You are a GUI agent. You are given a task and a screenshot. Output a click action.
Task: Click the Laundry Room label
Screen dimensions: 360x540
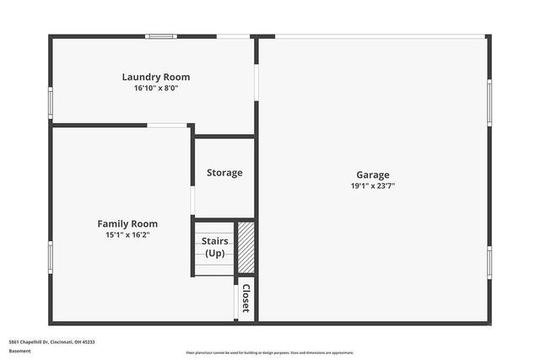(x=156, y=77)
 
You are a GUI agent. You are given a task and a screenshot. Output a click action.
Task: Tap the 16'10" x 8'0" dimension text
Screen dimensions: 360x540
(x=156, y=88)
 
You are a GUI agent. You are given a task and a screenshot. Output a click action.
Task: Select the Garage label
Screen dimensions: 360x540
(x=372, y=175)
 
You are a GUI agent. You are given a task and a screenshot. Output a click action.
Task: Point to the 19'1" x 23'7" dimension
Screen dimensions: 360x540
(x=372, y=185)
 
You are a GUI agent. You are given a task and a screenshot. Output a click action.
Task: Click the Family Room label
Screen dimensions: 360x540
(x=127, y=223)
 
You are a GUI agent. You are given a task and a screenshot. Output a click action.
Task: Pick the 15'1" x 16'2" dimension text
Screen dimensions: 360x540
(x=127, y=234)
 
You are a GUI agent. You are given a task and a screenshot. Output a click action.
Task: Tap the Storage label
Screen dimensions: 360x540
(x=224, y=173)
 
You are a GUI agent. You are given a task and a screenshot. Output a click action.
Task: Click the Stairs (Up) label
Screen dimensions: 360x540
(x=214, y=247)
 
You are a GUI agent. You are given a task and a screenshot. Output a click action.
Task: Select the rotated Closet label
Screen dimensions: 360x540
(x=246, y=298)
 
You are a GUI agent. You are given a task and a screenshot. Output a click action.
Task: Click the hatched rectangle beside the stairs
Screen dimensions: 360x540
(x=246, y=247)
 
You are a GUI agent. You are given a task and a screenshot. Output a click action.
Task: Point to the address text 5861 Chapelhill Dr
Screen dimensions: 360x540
(x=51, y=341)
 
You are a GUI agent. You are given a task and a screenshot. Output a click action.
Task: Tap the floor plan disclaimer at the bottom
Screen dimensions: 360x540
(x=270, y=352)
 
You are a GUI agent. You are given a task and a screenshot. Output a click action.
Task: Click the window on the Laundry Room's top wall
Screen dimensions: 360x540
(x=160, y=36)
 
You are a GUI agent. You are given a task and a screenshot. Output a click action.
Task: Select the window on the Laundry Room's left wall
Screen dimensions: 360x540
(x=51, y=102)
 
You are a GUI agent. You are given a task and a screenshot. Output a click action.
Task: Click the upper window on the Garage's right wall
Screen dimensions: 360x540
(x=489, y=103)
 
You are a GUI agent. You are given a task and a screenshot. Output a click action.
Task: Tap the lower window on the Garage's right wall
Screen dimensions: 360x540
(x=489, y=262)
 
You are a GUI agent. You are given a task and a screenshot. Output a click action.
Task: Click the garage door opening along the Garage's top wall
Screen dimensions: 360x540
(x=380, y=36)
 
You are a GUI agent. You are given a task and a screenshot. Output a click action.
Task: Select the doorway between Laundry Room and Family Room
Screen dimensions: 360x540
(x=167, y=126)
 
